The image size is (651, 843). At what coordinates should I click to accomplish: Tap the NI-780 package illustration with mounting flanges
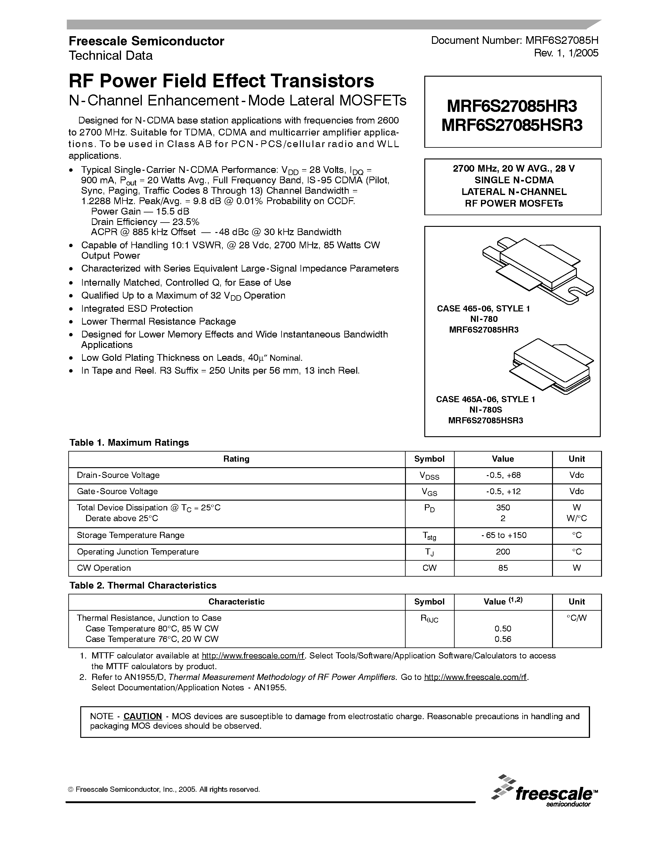click(x=538, y=270)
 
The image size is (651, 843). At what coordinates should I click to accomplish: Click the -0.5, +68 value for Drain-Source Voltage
click(x=503, y=475)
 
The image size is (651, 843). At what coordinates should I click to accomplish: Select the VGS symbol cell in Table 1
click(x=429, y=492)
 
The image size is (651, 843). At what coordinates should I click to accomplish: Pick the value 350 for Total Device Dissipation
click(x=503, y=508)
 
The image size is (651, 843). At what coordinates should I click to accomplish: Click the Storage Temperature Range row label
click(x=131, y=535)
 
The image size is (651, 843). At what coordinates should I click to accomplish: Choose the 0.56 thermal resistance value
click(x=503, y=639)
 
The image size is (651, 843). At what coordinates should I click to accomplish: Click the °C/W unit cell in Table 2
click(x=576, y=618)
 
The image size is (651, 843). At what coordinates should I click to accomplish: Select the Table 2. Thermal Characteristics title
click(x=143, y=586)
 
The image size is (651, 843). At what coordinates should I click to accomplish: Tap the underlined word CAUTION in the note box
click(x=142, y=716)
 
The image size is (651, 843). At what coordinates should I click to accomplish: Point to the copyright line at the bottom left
click(x=164, y=789)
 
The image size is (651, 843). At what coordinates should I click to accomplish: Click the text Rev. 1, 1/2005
click(x=566, y=53)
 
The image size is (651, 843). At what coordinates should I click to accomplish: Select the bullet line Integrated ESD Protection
click(x=137, y=309)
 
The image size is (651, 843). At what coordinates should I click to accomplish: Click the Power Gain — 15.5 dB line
click(x=140, y=212)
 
